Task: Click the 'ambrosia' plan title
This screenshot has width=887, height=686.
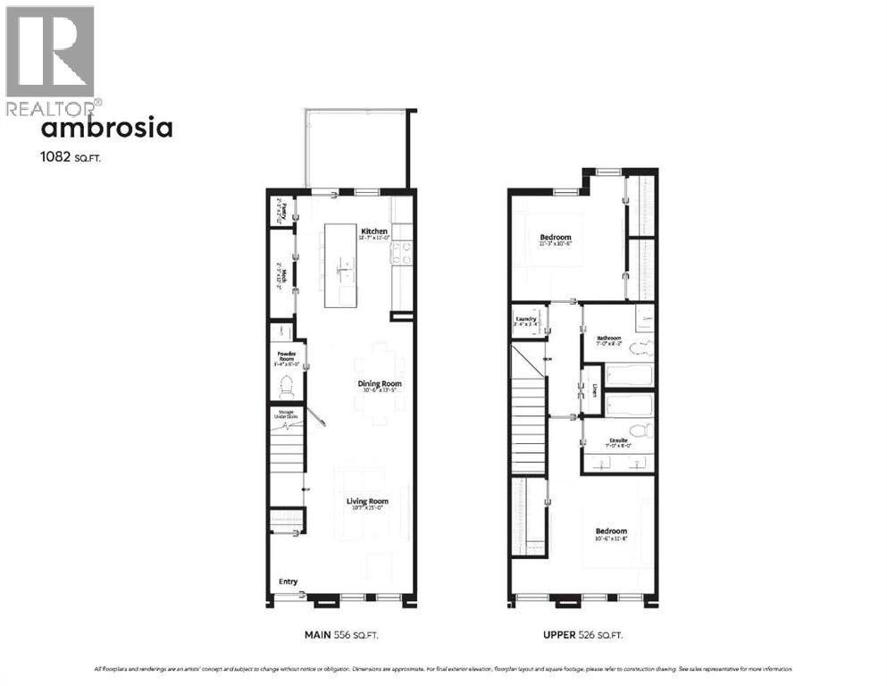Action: tap(107, 129)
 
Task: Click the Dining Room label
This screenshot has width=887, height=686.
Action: tap(380, 384)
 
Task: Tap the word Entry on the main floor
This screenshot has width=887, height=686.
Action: tap(288, 582)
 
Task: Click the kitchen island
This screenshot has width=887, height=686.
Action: tap(340, 265)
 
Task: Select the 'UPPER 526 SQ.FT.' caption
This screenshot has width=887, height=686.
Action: tap(582, 635)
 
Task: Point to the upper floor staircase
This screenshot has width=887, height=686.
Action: tap(528, 411)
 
